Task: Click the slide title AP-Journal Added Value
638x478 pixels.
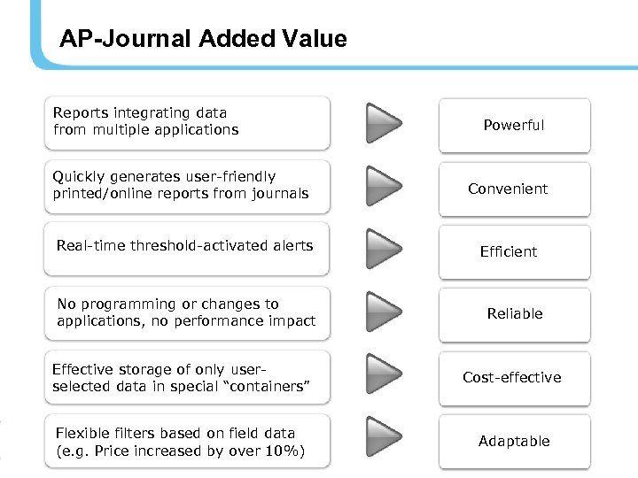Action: click(x=203, y=39)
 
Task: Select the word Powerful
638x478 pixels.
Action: click(x=514, y=126)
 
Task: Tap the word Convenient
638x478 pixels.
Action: click(x=508, y=189)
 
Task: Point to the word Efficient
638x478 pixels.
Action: click(x=509, y=252)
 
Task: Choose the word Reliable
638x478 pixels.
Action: click(x=515, y=314)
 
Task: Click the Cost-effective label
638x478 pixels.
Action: click(x=512, y=378)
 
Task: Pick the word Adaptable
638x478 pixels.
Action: click(x=514, y=442)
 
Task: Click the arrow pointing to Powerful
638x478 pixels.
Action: click(x=384, y=123)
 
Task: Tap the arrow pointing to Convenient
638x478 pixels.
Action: click(x=384, y=186)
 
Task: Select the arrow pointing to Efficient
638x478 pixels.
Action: click(x=384, y=249)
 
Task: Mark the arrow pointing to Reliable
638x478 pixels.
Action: click(x=384, y=312)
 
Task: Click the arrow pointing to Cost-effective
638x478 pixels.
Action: click(x=384, y=374)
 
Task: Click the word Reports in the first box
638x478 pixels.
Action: click(x=80, y=113)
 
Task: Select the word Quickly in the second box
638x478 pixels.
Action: click(x=80, y=177)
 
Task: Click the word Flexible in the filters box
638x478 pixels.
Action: click(x=82, y=434)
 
